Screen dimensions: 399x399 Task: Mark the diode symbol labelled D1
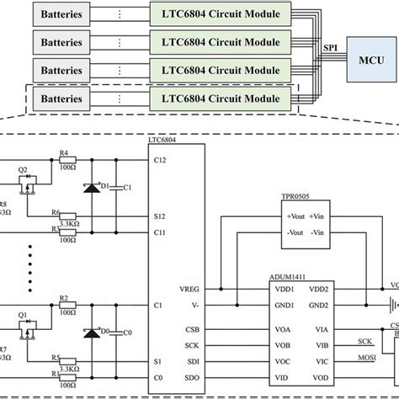point(90,185)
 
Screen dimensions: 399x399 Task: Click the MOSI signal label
point(365,359)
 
